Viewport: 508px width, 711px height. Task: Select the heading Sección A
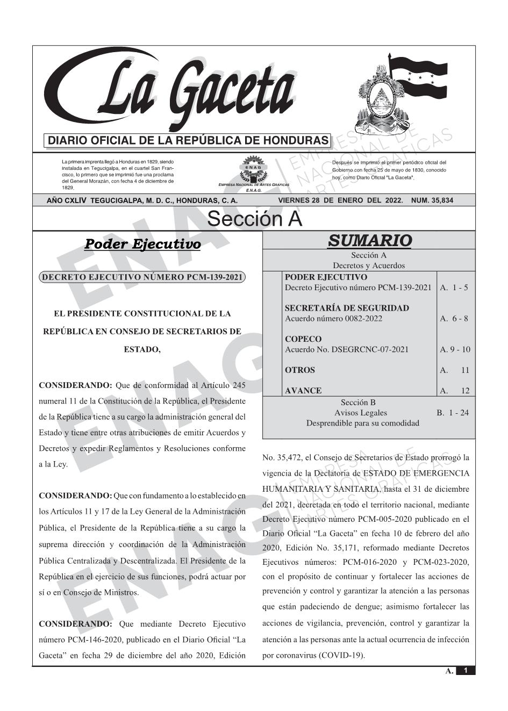tap(254, 219)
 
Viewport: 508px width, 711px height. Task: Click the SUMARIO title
tap(369, 240)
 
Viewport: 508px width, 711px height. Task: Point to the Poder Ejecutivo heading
tap(142, 245)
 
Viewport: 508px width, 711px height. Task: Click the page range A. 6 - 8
tap(454, 319)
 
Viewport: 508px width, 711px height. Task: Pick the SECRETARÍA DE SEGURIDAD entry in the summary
tap(347, 308)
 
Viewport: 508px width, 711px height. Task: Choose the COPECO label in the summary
tap(303, 339)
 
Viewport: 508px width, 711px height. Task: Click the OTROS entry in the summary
tap(300, 370)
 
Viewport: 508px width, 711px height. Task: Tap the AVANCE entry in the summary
tap(303, 391)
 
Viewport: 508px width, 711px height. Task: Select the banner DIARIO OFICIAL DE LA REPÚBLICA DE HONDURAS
tap(188, 141)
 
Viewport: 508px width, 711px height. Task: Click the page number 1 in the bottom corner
tap(466, 671)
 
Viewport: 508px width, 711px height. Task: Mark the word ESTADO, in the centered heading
tap(142, 350)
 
